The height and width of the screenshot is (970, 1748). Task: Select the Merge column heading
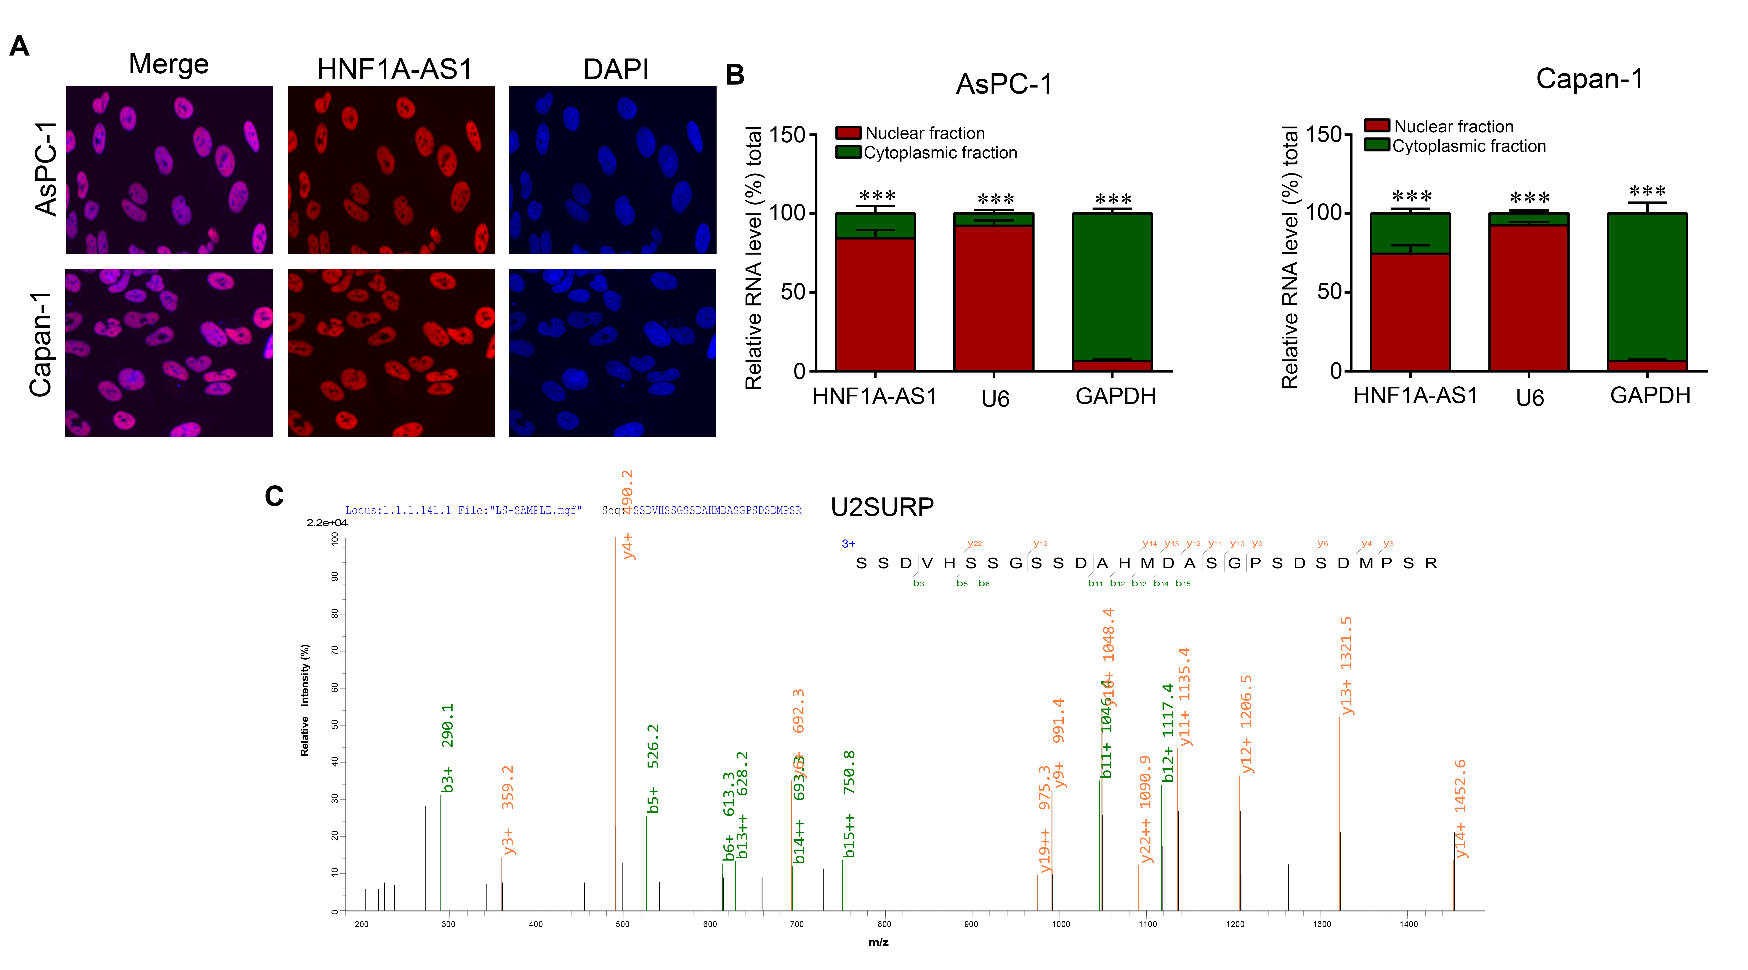pos(168,64)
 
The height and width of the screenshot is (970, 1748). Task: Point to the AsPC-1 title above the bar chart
pos(1004,84)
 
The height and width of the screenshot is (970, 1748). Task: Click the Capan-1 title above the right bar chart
pos(1589,79)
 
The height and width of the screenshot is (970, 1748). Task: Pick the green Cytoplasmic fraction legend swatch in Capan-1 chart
pos(1377,145)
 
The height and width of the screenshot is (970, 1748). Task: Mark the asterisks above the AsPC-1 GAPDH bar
pos(1113,199)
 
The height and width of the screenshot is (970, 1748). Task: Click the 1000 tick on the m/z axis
pos(1061,924)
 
